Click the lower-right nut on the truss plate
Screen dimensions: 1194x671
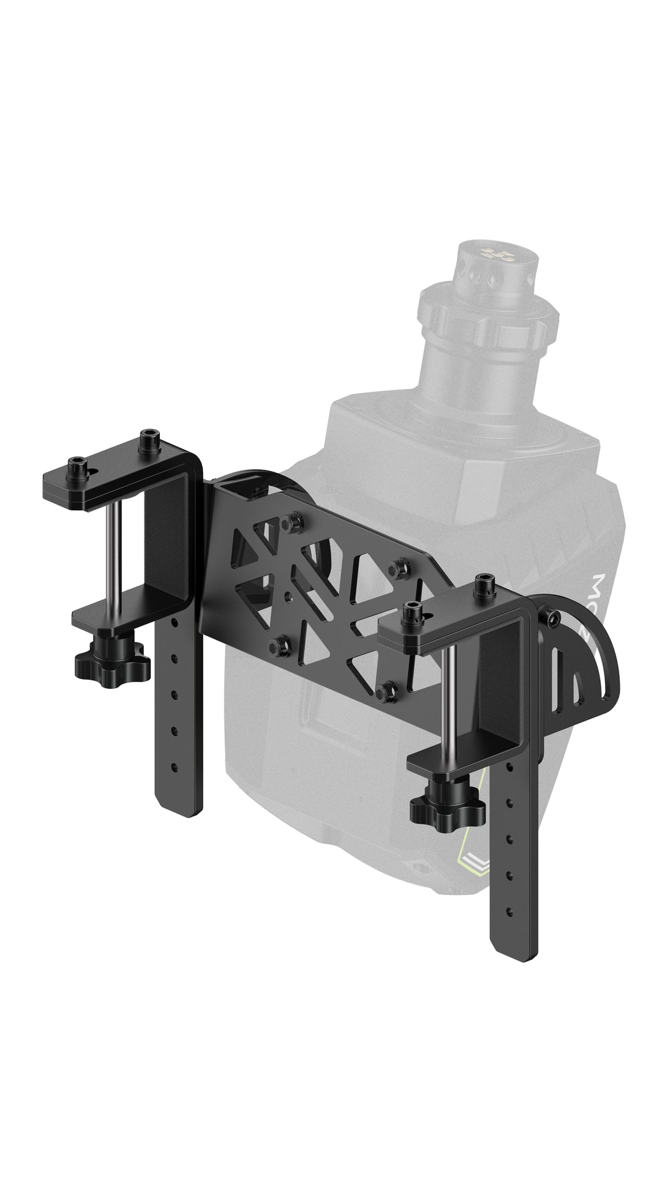pos(384,691)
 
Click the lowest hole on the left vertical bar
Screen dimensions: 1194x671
pos(174,766)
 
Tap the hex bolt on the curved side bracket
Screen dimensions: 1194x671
pos(552,619)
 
